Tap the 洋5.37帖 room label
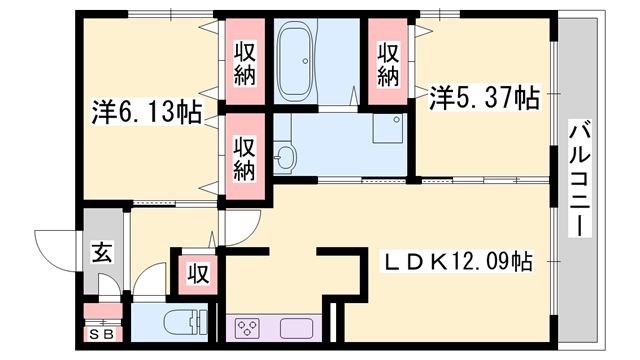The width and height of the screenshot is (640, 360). pyautogui.click(x=486, y=98)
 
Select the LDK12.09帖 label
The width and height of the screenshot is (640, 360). pyautogui.click(x=460, y=262)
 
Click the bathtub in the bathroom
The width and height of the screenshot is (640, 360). pyautogui.click(x=296, y=62)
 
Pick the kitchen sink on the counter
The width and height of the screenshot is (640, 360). pyautogui.click(x=298, y=328)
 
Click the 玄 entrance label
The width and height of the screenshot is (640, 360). pyautogui.click(x=102, y=252)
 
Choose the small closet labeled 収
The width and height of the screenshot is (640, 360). pyautogui.click(x=198, y=272)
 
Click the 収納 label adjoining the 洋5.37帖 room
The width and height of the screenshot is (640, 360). pyautogui.click(x=390, y=62)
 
